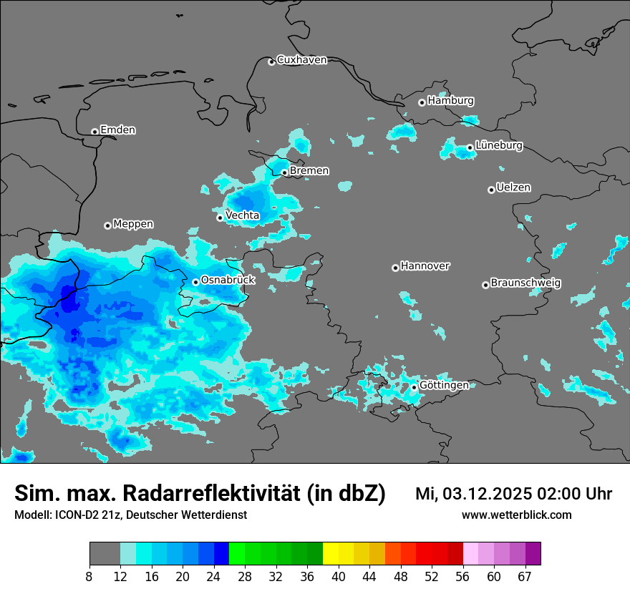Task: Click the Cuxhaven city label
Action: pos(301,60)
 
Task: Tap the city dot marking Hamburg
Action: pos(422,102)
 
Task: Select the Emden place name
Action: pos(117,130)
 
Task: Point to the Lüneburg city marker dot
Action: pos(470,147)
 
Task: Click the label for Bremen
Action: pos(309,171)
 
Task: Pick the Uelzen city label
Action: pos(513,188)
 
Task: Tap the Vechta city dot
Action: pos(220,218)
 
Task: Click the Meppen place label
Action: pos(133,225)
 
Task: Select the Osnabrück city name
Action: pos(228,281)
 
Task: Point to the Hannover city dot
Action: pos(395,268)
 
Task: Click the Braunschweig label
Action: pos(525,283)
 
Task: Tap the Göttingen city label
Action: pos(444,386)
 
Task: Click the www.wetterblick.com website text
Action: pos(516,515)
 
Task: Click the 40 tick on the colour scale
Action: pos(339,577)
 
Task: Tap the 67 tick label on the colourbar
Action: pos(525,577)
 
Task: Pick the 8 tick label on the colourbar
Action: pos(89,577)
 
